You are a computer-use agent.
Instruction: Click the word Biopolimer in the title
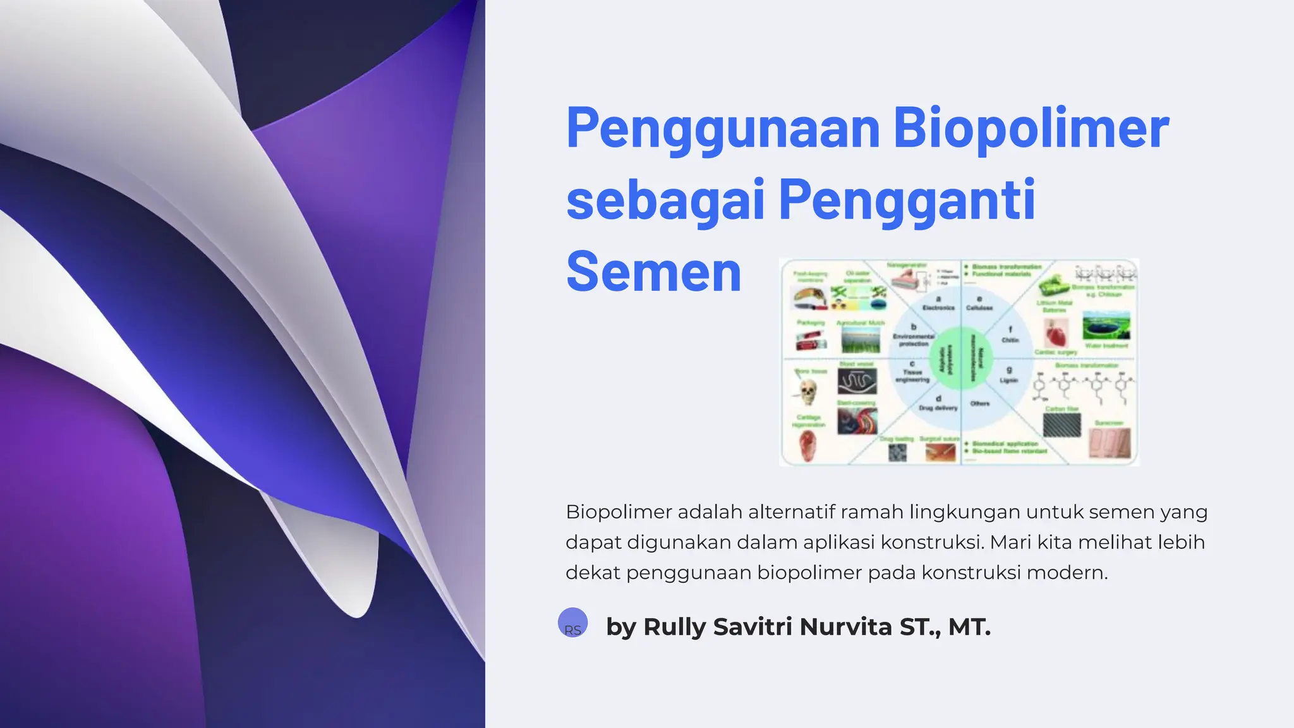(x=1031, y=129)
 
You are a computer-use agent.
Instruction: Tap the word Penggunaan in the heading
(x=723, y=129)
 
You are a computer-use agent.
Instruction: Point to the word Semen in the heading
(x=653, y=272)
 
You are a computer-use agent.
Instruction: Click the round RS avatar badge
(x=573, y=622)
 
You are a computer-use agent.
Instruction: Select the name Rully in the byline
(x=674, y=627)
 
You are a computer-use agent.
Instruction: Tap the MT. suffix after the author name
(x=969, y=627)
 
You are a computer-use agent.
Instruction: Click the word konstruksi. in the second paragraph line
(x=932, y=542)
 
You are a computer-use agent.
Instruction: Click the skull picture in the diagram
(x=807, y=392)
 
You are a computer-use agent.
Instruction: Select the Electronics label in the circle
(x=938, y=307)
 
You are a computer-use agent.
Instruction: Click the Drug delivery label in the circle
(x=938, y=408)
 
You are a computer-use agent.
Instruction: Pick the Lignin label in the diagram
(x=1009, y=380)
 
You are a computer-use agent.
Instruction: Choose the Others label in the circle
(x=980, y=403)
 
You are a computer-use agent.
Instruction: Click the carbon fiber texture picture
(x=1061, y=425)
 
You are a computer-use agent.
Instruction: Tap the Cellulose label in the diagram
(x=979, y=307)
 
